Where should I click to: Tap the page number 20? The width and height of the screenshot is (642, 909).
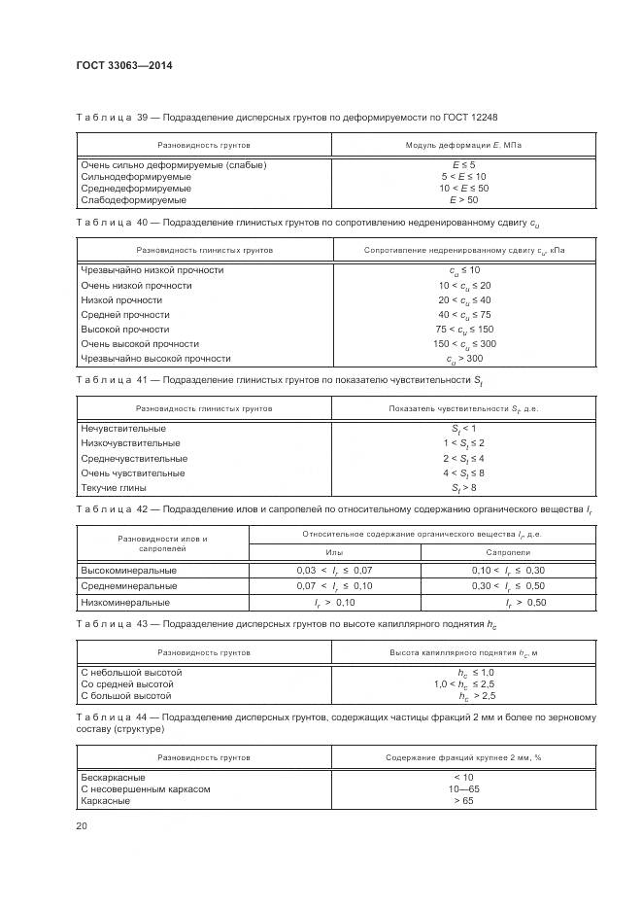coord(81,825)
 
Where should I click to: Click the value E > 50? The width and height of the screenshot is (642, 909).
coord(463,199)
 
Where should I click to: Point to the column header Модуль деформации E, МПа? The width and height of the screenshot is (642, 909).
coord(463,145)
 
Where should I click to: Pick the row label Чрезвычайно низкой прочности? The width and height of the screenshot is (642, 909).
coord(152,270)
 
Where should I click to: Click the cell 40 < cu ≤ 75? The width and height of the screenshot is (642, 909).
coord(465,315)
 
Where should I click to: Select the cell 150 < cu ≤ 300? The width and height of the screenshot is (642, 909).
coord(465,344)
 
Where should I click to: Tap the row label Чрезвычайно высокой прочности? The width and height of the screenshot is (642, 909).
coord(156,359)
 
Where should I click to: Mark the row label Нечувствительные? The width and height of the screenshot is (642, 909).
coord(123,429)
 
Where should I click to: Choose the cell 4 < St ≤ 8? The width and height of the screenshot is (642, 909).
coord(463,473)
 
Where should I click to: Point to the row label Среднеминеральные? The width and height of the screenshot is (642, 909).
coord(128,587)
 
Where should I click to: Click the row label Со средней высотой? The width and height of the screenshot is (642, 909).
coord(126,684)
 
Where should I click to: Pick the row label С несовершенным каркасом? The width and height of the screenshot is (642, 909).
coord(145,789)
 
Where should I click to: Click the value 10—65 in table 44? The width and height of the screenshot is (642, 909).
coord(463,789)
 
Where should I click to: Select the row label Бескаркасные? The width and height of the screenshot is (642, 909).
coord(114,778)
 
